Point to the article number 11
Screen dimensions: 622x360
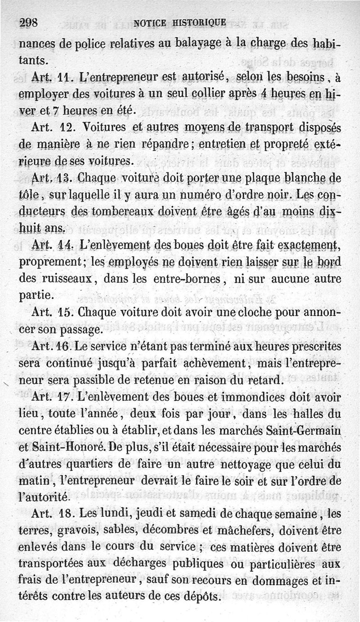[67, 77]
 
